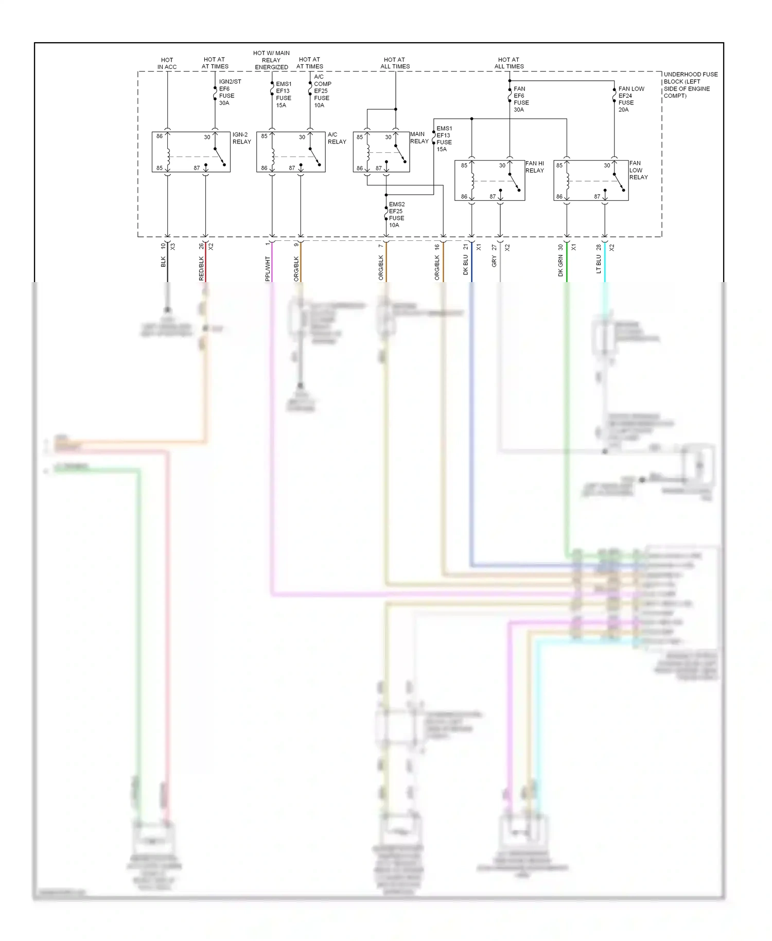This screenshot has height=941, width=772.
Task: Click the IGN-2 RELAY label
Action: coord(241,138)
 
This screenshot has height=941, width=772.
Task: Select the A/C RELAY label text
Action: coord(337,138)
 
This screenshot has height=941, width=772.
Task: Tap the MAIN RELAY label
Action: coord(419,137)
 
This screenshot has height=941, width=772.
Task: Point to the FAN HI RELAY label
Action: coord(534,167)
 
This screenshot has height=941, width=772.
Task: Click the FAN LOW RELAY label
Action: coord(638,170)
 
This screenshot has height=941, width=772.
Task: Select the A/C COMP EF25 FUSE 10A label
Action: coord(322,91)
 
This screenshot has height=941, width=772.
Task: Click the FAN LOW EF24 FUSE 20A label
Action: coord(630,99)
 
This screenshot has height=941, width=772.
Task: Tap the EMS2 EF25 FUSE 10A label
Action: coord(396,215)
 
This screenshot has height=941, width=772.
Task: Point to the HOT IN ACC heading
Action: coord(167,63)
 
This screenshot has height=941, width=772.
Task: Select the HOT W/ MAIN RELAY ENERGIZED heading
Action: coord(271,60)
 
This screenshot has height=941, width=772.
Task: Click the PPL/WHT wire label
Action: coord(268,269)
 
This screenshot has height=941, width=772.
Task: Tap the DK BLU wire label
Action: coord(466,265)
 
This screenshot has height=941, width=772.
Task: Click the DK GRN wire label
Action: coord(560,266)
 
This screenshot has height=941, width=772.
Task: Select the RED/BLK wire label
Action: coord(202,269)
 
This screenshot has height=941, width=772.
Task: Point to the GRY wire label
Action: coord(494,262)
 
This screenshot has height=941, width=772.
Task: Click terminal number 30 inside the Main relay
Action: coord(388,137)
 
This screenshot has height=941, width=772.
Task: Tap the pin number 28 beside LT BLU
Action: coord(599,247)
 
